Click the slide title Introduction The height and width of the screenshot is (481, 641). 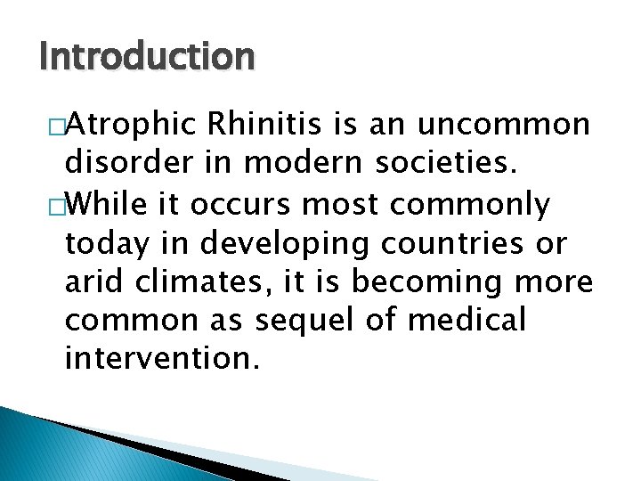pos(147,57)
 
